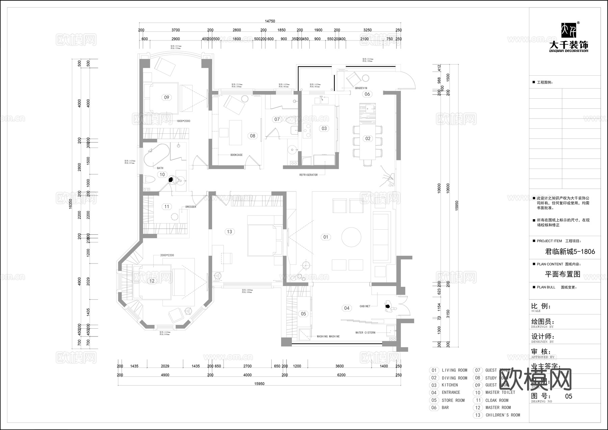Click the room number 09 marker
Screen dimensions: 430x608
tap(167, 97)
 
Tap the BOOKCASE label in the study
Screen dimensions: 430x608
tap(236, 155)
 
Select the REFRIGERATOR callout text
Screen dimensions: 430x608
tap(308, 175)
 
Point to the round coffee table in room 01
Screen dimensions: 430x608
tap(351, 237)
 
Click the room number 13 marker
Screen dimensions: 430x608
tap(230, 232)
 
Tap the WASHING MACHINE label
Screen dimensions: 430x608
tap(328, 336)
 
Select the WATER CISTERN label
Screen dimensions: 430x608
tap(365, 333)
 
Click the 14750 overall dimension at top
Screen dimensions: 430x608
tap(270, 21)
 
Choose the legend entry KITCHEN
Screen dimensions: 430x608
tap(450, 385)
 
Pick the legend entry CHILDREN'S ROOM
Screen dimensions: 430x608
tap(503, 415)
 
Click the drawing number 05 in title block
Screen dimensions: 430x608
tap(568, 396)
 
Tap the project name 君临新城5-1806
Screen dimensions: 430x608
tap(570, 252)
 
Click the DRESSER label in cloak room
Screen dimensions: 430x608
tap(191, 207)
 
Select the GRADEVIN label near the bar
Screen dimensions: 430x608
tap(361, 88)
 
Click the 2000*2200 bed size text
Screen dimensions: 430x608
tap(167, 255)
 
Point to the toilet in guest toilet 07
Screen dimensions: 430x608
tap(291, 120)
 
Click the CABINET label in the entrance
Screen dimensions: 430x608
tap(365, 306)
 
